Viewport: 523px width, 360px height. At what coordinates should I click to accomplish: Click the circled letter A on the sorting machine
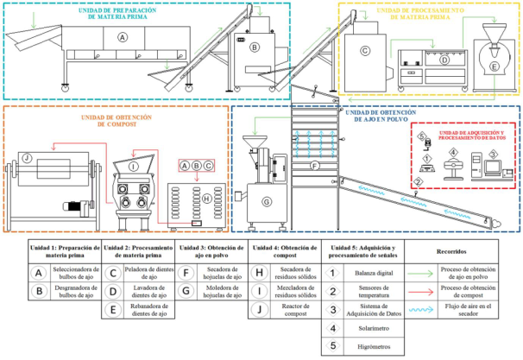[123, 38]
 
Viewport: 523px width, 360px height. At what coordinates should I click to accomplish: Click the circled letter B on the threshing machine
[254, 47]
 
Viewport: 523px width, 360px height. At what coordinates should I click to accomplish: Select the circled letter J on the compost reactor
[28, 158]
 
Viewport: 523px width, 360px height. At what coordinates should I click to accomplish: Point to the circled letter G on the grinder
[267, 202]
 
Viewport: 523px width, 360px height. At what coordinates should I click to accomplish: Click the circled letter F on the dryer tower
[314, 165]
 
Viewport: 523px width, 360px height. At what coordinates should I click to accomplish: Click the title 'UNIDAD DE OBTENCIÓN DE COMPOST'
[116, 121]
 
